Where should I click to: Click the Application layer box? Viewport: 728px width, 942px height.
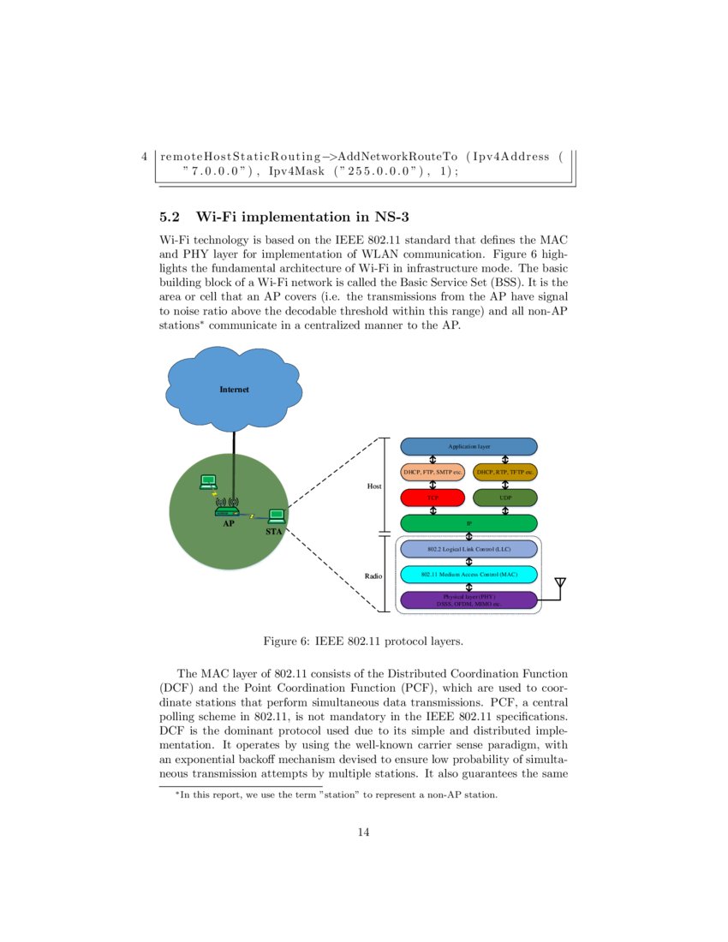pyautogui.click(x=468, y=446)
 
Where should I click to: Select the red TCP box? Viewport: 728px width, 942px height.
pyautogui.click(x=433, y=498)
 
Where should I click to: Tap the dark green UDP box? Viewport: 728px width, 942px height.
pyautogui.click(x=504, y=498)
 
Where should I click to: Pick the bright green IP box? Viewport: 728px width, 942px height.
pyautogui.click(x=468, y=523)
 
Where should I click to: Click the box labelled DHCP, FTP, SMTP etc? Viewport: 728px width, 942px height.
pyautogui.click(x=433, y=472)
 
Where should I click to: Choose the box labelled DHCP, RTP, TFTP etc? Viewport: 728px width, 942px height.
pyautogui.click(x=504, y=472)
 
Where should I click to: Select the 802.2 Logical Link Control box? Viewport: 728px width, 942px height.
pyautogui.click(x=468, y=549)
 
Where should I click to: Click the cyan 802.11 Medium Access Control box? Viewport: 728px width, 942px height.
pyautogui.click(x=468, y=575)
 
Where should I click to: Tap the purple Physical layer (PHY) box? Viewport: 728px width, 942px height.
pyautogui.click(x=468, y=600)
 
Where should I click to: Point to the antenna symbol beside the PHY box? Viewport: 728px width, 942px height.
pyautogui.click(x=560, y=585)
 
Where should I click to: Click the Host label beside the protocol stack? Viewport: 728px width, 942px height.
pyautogui.click(x=374, y=486)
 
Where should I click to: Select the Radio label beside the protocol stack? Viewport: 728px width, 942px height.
pyautogui.click(x=373, y=576)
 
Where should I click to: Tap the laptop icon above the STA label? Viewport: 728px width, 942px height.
pyautogui.click(x=276, y=516)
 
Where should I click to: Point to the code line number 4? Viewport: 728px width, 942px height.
pyautogui.click(x=145, y=157)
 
